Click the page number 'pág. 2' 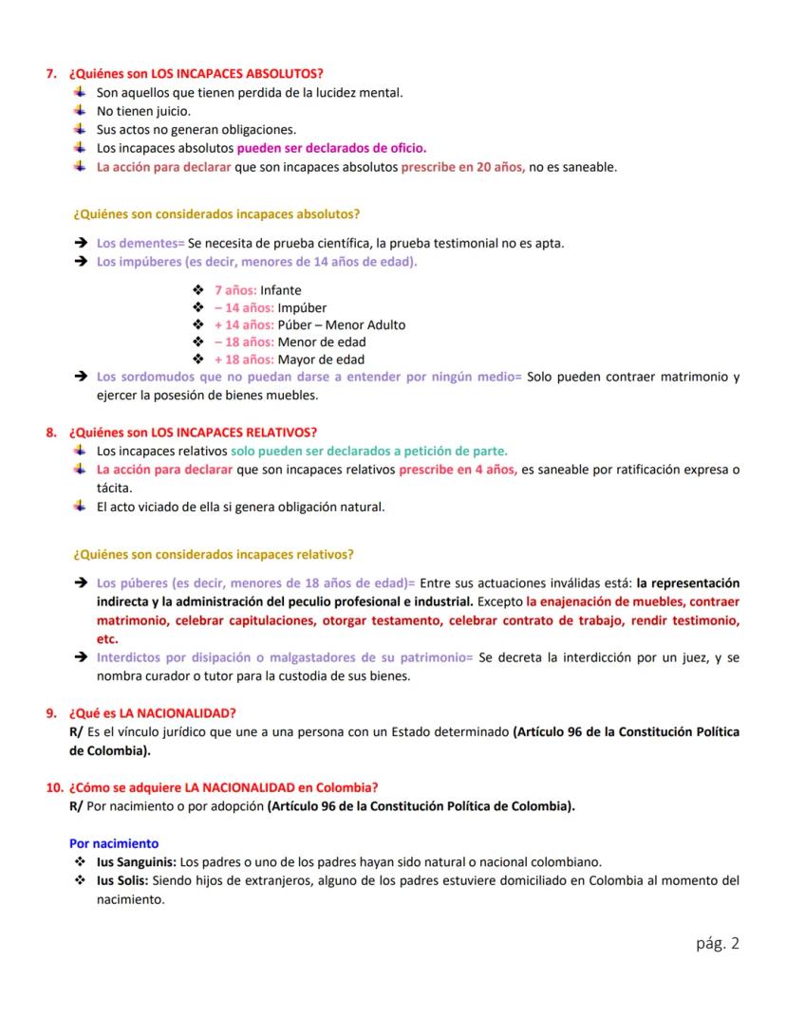point(717,943)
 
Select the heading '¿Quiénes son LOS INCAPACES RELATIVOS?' point(193,433)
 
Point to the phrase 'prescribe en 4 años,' point(458,470)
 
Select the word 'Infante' point(281,290)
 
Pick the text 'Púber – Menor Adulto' point(342,324)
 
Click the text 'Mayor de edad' point(321,360)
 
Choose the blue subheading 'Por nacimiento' point(114,842)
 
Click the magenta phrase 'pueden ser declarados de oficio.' point(331,148)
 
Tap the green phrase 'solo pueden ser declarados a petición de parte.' point(368,451)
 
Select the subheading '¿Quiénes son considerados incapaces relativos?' point(214,554)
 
